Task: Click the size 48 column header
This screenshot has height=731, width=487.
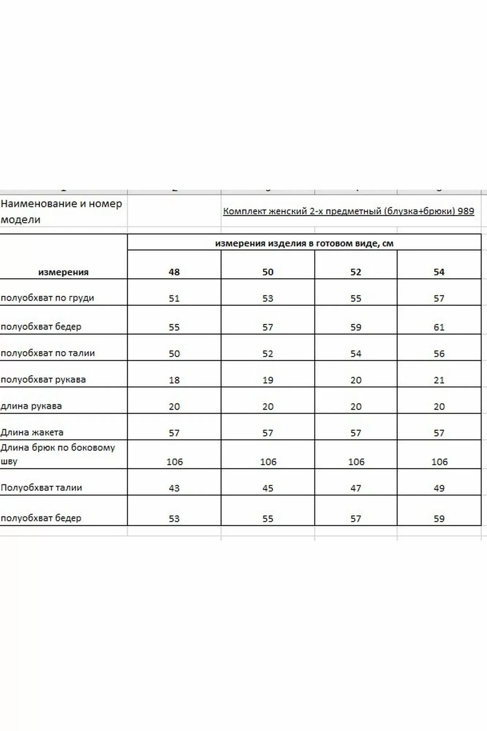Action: [174, 272]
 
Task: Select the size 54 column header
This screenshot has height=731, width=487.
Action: [439, 272]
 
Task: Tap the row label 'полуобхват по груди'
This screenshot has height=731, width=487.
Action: [47, 298]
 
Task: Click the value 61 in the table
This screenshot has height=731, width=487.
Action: [439, 327]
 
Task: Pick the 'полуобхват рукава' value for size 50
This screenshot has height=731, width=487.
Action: [268, 380]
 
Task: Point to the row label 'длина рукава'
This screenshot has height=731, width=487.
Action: [31, 406]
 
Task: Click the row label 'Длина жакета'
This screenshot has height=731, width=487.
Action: [32, 432]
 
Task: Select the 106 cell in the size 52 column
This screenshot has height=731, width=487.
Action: [356, 462]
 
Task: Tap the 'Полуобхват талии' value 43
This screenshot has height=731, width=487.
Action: [174, 488]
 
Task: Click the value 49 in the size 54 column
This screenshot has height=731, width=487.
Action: [439, 488]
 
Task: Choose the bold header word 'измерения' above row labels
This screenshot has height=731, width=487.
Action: [64, 272]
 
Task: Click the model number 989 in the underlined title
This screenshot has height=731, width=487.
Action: [466, 211]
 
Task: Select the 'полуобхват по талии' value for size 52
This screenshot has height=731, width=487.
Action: [356, 354]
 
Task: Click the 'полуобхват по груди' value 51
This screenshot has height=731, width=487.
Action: [174, 299]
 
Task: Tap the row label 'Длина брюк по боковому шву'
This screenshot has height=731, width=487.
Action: [58, 454]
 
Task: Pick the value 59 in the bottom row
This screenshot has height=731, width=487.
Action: [439, 519]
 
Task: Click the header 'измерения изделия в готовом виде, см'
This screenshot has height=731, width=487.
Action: [304, 243]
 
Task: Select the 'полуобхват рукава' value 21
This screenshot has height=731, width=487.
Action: [439, 380]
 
